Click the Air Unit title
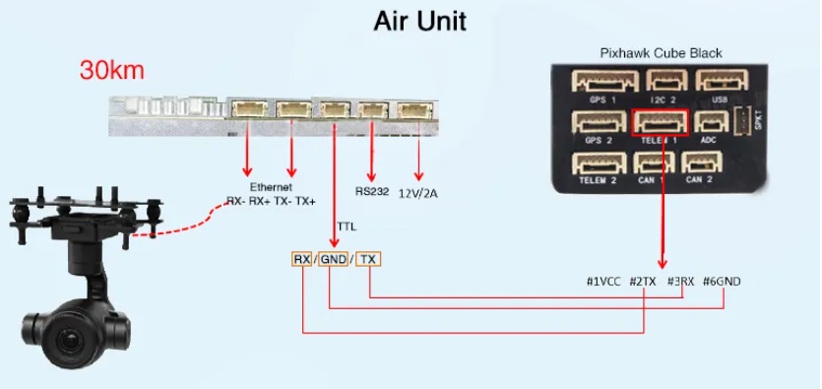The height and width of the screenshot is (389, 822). coord(419,21)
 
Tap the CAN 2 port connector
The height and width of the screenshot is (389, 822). coord(699,163)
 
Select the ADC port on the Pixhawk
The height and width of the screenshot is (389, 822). coord(709,122)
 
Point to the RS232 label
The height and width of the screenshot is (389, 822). coord(371,192)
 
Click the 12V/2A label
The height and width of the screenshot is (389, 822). coord(418,193)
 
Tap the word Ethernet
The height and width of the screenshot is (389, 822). coord(270,186)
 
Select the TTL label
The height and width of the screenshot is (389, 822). coord(347,226)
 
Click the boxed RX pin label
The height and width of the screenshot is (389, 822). coord(302,259)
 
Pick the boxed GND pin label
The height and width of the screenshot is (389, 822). coord(334,259)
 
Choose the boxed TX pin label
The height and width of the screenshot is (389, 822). coord(368,259)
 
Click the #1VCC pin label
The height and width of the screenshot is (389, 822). coord(602,282)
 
